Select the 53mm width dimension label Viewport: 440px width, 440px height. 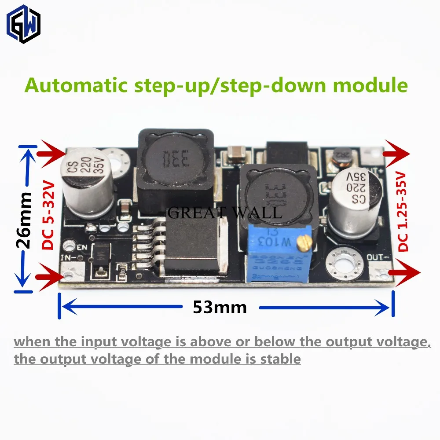[220, 307]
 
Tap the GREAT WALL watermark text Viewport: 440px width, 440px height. [224, 213]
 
